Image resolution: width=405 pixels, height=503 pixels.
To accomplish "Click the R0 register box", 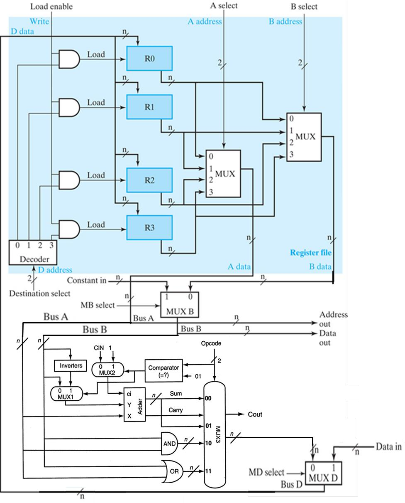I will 149,59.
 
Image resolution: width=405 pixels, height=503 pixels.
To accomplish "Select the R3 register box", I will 149,228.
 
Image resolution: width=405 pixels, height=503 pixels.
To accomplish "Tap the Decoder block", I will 33,253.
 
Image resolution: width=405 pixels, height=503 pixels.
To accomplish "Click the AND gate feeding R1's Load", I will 69,107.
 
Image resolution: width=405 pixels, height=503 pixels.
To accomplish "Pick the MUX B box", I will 180,305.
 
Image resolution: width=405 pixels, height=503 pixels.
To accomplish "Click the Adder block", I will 135,404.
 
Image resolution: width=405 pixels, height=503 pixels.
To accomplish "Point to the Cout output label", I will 255,414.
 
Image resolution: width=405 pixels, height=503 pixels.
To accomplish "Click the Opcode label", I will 212,344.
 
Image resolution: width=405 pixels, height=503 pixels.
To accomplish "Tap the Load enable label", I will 51,6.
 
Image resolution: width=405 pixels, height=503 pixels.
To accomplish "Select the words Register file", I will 310,253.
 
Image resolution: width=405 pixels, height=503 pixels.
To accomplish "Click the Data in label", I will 389,446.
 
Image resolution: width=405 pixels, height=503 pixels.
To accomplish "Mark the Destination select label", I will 40,293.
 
